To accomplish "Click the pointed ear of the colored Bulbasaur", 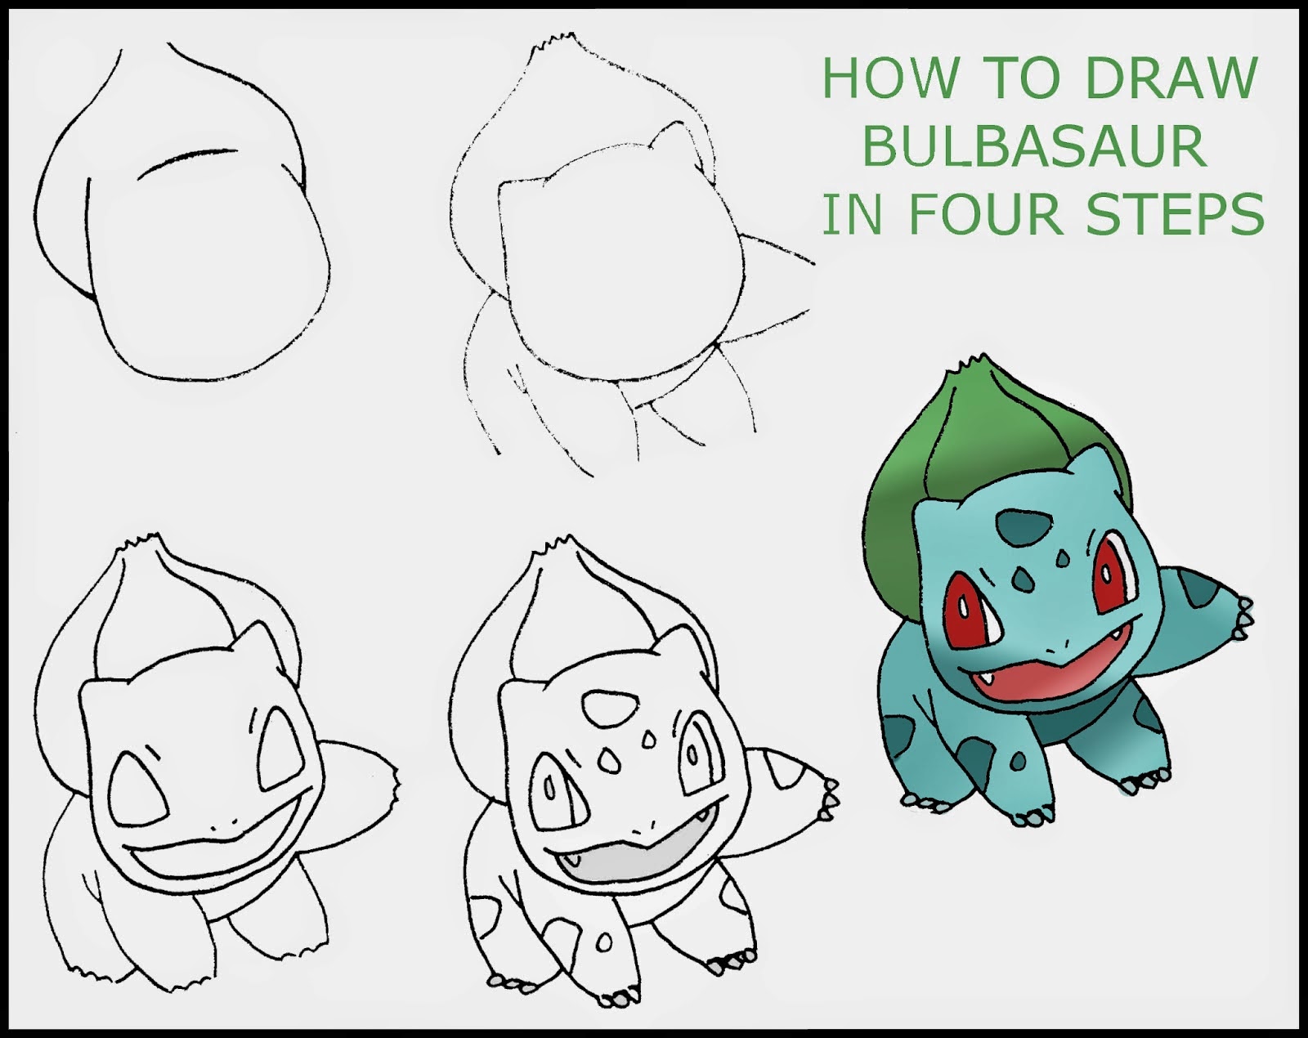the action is click(1097, 468).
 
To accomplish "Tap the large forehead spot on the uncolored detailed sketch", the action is click(610, 709).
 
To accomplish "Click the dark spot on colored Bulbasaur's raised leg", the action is click(1200, 587).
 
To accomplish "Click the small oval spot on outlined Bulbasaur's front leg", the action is click(603, 943).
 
